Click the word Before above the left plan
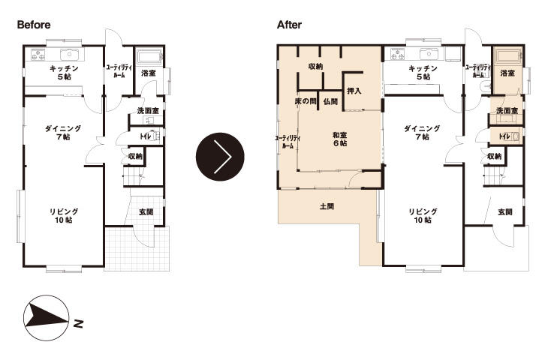pos(34,25)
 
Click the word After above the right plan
pos(289,25)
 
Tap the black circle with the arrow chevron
pos(220,157)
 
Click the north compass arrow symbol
pos(46,318)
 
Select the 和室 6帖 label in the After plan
pos(339,139)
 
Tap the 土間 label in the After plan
pos(327,207)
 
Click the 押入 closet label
pos(354,91)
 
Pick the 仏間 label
pos(330,101)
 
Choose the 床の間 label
pos(306,101)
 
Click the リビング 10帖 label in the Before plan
pos(64,216)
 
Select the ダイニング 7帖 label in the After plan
pos(422,133)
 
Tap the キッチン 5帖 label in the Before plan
pos(64,72)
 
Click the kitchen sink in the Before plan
pos(70,55)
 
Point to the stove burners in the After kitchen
pos(397,54)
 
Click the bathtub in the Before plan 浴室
pos(149,57)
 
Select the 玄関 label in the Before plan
pos(146,212)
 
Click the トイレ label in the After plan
pos(504,136)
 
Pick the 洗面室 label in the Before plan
pos(148,111)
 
